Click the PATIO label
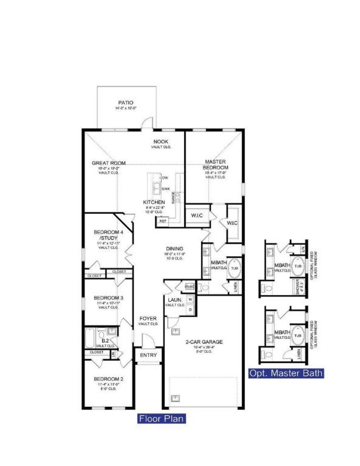pyautogui.click(x=126, y=103)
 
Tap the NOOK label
pyautogui.click(x=161, y=142)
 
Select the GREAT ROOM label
pyautogui.click(x=108, y=163)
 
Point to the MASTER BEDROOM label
pyautogui.click(x=215, y=164)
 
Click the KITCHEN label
pyautogui.click(x=154, y=202)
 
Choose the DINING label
pyautogui.click(x=175, y=248)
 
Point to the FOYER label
pyautogui.click(x=148, y=318)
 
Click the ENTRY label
pyautogui.click(x=148, y=355)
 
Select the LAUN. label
pyautogui.click(x=175, y=300)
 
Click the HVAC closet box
pyautogui.click(x=189, y=287)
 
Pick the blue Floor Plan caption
pyautogui.click(x=161, y=419)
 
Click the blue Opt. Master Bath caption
pyautogui.click(x=286, y=373)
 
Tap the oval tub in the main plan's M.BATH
pyautogui.click(x=234, y=268)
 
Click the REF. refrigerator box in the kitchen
pyautogui.click(x=162, y=221)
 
